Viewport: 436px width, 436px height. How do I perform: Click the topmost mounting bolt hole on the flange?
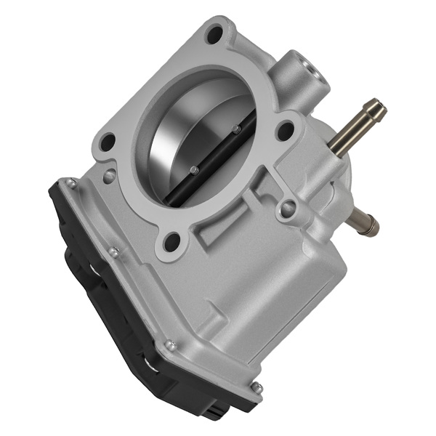214,33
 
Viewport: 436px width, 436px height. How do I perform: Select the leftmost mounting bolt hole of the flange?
108,141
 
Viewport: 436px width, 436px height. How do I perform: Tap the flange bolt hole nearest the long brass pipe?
286,131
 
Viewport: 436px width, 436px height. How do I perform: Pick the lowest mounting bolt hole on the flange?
172,239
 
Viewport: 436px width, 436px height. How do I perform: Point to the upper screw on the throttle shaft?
235,129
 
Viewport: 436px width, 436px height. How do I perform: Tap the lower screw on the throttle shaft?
194,170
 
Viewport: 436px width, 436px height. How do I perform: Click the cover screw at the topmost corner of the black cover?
70,182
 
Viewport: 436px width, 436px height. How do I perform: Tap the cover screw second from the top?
113,251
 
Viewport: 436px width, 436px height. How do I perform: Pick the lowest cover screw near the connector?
255,387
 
